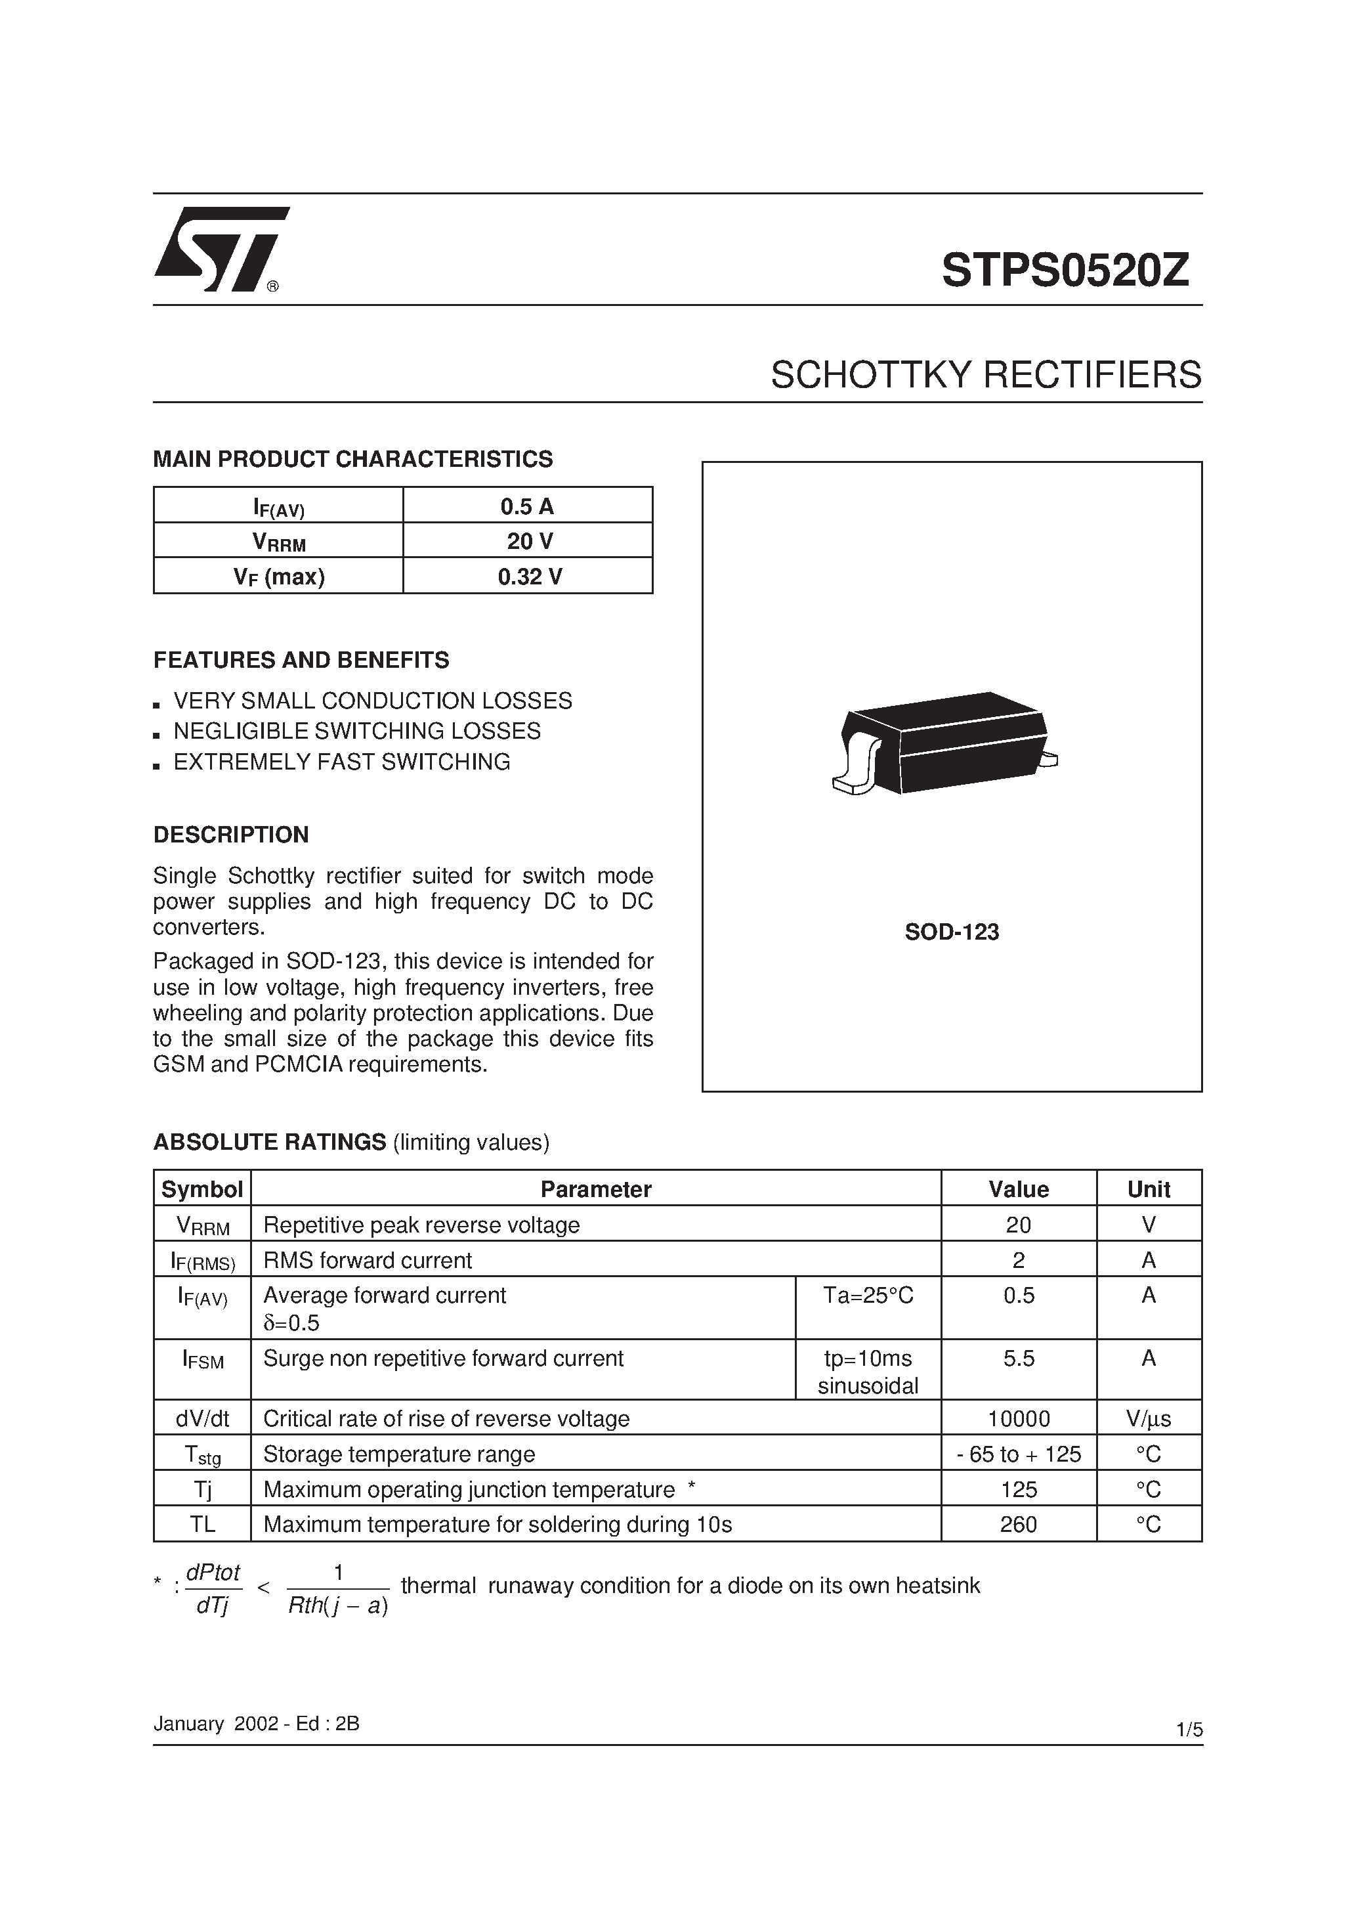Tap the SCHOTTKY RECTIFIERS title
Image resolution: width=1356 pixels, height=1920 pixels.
click(x=986, y=376)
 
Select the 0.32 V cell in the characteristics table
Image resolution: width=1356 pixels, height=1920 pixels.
click(x=528, y=576)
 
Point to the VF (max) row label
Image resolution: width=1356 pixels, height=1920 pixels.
click(x=279, y=576)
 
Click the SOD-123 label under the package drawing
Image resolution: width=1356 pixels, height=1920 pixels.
click(x=952, y=932)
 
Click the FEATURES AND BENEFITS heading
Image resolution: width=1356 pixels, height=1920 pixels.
click(x=301, y=661)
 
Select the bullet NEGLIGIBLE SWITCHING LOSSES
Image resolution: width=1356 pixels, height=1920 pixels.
click(x=356, y=731)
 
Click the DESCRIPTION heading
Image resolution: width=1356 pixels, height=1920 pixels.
click(x=231, y=835)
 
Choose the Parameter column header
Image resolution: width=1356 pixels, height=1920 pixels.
click(x=595, y=1189)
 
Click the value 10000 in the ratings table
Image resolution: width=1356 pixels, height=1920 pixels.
click(x=1018, y=1419)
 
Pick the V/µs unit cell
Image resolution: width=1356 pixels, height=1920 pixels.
click(x=1148, y=1419)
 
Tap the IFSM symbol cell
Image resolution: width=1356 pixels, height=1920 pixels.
click(x=202, y=1361)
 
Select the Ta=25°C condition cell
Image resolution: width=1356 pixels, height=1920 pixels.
click(x=868, y=1296)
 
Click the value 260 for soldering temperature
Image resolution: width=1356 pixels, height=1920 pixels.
click(x=1018, y=1525)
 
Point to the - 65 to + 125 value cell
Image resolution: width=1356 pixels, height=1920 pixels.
click(x=1018, y=1454)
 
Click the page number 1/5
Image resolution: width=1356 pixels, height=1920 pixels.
click(x=1189, y=1730)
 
